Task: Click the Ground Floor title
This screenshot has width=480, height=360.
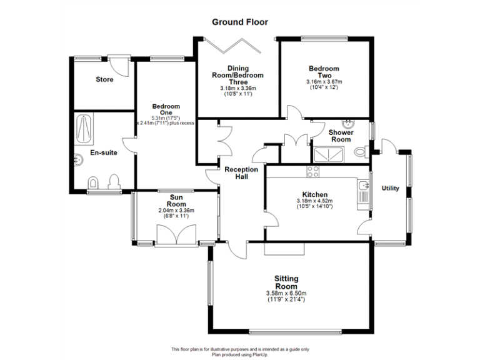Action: point(240,22)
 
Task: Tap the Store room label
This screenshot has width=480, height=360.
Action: point(104,79)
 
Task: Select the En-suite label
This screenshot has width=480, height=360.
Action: point(101,152)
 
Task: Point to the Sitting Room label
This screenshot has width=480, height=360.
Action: point(286,282)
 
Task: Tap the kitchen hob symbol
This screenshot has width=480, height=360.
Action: point(313,171)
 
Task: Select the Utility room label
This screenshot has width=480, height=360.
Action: point(390,188)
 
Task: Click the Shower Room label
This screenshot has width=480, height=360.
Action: point(341,136)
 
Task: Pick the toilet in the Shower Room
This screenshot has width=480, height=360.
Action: point(359,152)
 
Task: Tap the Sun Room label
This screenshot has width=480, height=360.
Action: point(176,201)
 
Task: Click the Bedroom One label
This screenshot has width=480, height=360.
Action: point(166,110)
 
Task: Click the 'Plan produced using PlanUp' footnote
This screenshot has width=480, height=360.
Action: point(240,354)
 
